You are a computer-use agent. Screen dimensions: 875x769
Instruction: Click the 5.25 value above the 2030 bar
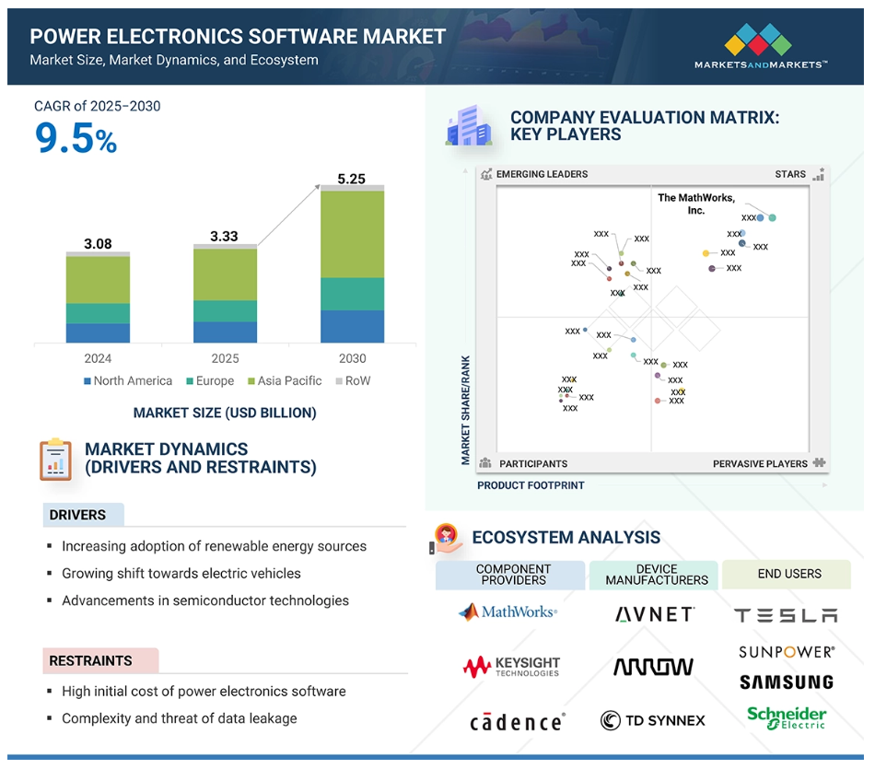click(351, 179)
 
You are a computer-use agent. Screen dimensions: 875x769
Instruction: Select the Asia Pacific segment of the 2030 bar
click(352, 234)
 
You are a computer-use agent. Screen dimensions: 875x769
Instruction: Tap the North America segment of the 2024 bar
click(98, 333)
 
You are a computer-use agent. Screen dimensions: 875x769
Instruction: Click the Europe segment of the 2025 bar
click(225, 311)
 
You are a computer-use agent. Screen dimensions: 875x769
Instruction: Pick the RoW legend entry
click(353, 380)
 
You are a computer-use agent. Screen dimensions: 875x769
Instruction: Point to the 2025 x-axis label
click(225, 358)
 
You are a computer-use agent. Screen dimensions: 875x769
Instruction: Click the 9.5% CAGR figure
click(76, 138)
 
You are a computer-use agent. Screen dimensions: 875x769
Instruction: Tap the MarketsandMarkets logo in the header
click(761, 46)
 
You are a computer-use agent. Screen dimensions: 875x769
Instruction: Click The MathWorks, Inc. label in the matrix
click(696, 204)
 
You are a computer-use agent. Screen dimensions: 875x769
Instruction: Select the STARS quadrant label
click(790, 174)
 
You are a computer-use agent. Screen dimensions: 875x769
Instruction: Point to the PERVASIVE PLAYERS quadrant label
click(760, 464)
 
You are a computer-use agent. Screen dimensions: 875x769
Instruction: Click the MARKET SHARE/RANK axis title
click(465, 410)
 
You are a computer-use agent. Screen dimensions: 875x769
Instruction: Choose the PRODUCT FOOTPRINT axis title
click(531, 485)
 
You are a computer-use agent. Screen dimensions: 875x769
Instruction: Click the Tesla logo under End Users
click(786, 615)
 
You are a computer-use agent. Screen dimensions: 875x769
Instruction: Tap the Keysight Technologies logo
click(511, 667)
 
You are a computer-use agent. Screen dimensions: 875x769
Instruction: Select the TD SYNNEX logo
click(652, 720)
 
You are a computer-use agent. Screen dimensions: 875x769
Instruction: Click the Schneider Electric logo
click(787, 717)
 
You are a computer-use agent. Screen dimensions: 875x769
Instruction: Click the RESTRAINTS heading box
click(101, 660)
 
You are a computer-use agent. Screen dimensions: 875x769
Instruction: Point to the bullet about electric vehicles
click(181, 573)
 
